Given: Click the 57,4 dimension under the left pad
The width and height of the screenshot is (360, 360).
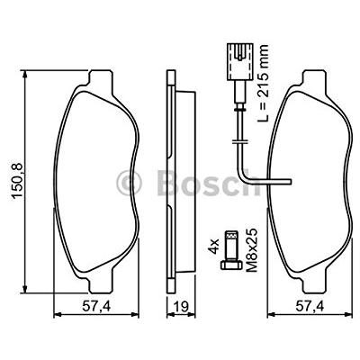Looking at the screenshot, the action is coord(96,306).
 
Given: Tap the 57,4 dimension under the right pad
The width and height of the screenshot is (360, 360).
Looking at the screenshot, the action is coord(310,306).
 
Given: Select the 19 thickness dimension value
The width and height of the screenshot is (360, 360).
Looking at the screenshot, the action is coord(181,307).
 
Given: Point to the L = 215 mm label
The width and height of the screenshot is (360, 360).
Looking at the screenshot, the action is coord(263,83).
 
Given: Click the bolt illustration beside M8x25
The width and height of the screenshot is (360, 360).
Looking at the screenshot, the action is coord(232,250).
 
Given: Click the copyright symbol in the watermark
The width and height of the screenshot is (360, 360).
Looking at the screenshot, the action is coord(129,183).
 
